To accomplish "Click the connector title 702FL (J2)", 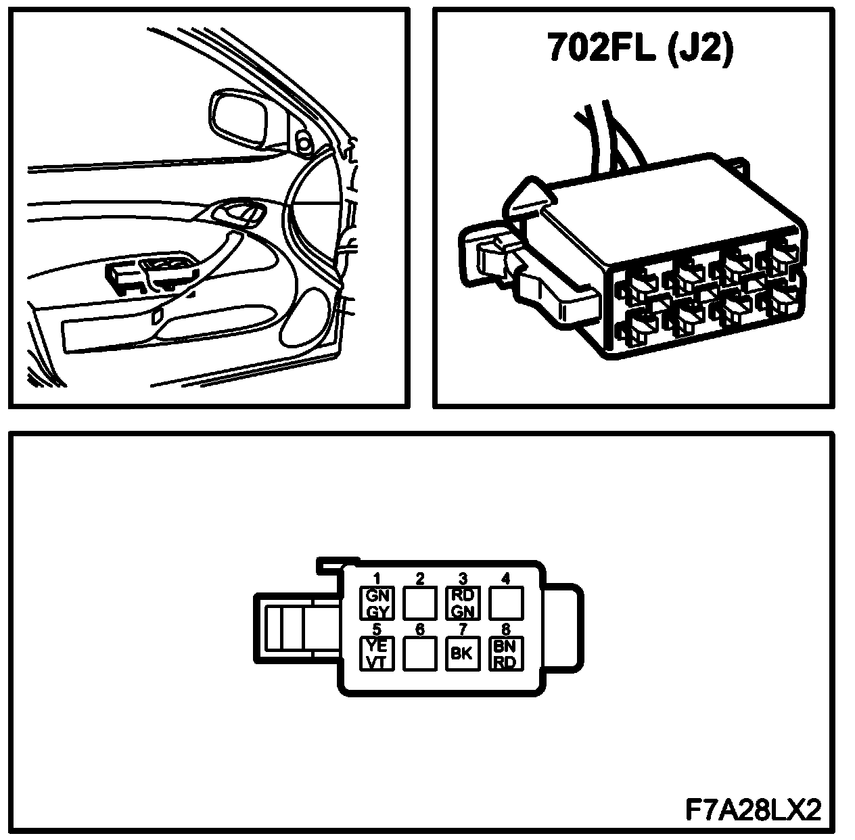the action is click(639, 49).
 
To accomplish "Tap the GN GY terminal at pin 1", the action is click(376, 603).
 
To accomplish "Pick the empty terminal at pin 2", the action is click(419, 603).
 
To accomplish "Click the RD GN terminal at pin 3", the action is click(463, 603).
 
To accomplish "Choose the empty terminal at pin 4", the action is click(506, 603).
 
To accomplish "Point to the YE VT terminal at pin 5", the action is click(376, 653).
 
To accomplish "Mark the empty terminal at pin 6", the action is click(419, 653).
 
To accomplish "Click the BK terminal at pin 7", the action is click(463, 653).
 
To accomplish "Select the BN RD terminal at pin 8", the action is click(506, 653).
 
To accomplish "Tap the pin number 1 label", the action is click(377, 578).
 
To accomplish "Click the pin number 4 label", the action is click(505, 578).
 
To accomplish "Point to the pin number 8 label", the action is click(505, 630).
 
